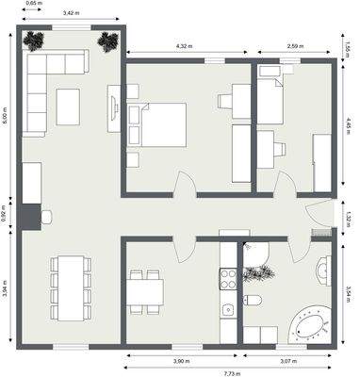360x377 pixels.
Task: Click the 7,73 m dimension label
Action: [229, 372]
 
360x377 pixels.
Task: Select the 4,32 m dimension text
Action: [184, 46]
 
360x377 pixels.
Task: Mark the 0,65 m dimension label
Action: [33, 4]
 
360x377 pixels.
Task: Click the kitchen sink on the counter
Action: [227, 309]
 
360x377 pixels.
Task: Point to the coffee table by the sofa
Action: [69, 106]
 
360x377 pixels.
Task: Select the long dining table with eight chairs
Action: [69, 279]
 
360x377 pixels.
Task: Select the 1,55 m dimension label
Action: [349, 45]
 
